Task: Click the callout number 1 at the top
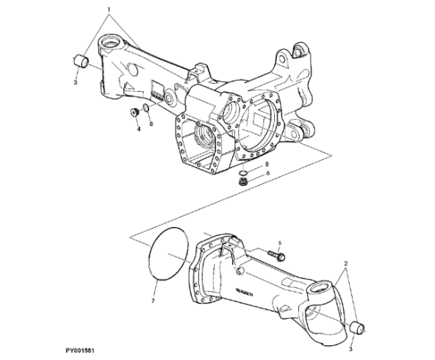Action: pos(110,11)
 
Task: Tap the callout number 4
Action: pos(137,129)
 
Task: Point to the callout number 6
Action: pos(267,173)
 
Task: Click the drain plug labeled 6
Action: pos(242,180)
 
